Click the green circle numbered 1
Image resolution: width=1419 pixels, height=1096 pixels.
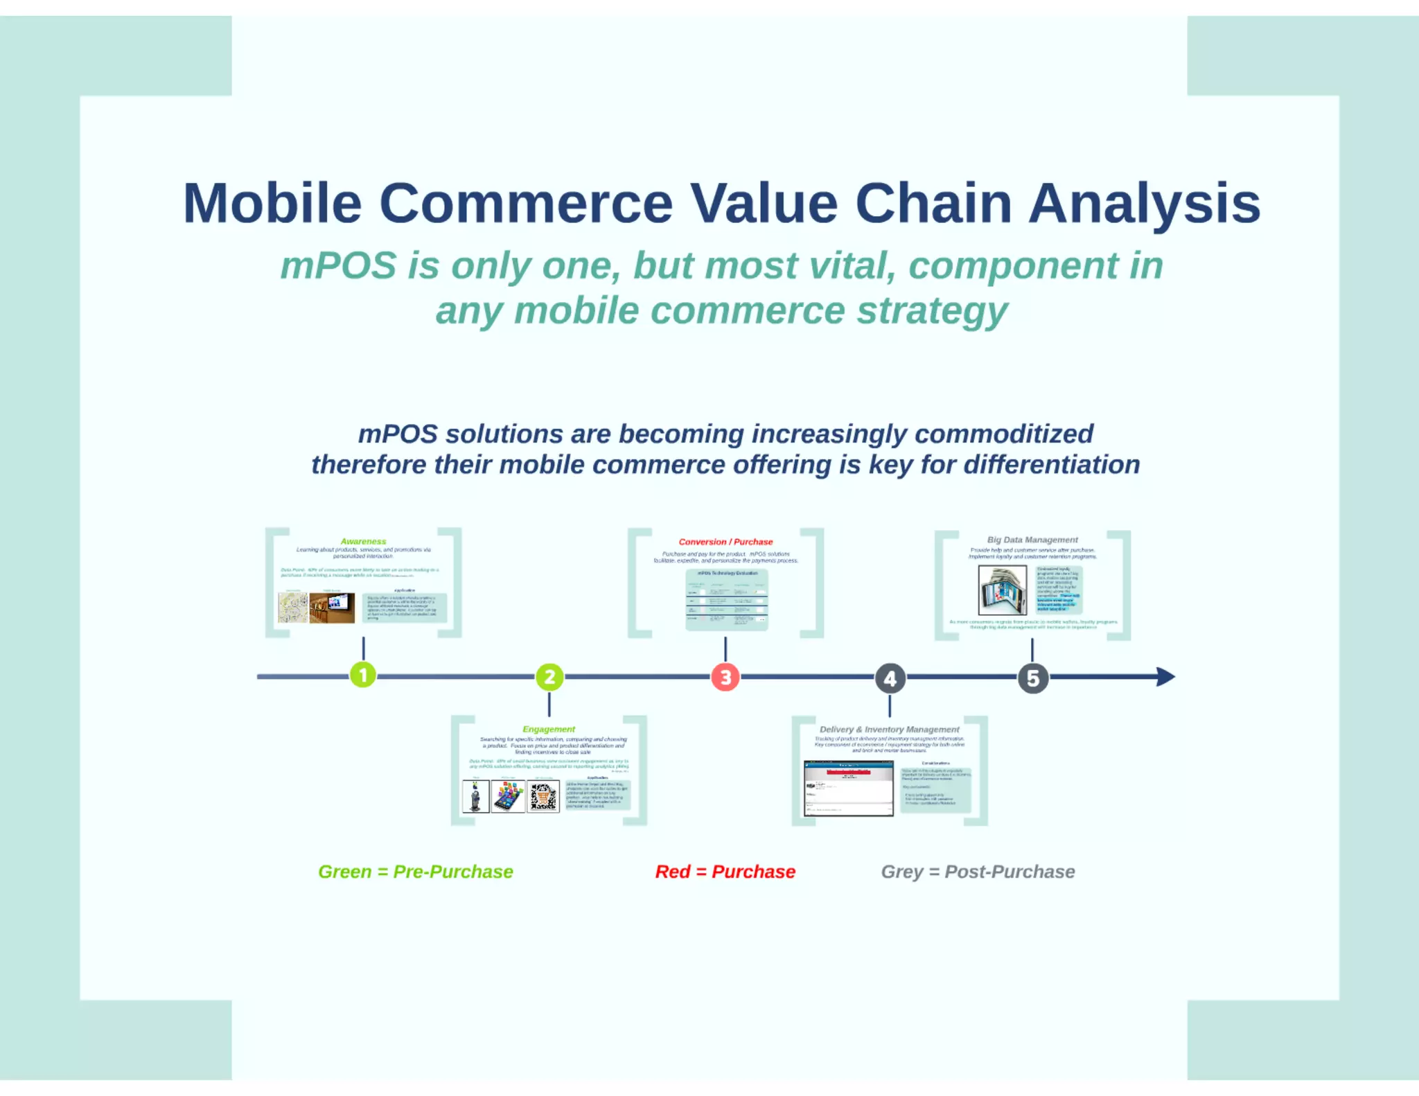(363, 675)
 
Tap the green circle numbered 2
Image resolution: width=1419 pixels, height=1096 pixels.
(549, 677)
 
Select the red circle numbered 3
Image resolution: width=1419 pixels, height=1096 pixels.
(725, 677)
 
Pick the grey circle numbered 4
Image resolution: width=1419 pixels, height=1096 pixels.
(890, 678)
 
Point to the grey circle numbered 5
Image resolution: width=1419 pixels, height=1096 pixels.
(1032, 678)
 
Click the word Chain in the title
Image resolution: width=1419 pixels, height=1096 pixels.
(933, 204)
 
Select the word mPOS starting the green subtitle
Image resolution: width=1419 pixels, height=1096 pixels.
(338, 266)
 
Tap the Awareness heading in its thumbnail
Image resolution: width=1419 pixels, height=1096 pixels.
(363, 541)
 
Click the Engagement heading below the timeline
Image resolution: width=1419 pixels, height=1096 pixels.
(549, 729)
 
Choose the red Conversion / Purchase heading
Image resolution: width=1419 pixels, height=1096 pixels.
(725, 542)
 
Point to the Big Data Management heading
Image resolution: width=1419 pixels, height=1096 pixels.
(1032, 540)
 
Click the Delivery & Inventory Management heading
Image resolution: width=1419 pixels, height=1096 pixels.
(889, 730)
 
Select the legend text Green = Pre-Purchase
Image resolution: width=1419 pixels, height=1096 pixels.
(415, 872)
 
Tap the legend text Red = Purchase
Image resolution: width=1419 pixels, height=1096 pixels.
(725, 872)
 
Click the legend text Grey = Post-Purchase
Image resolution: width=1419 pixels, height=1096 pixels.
(978, 872)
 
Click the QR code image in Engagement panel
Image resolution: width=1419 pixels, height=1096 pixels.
(543, 797)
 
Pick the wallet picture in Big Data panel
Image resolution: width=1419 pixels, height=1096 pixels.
(1002, 590)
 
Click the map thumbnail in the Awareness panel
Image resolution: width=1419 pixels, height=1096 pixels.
(292, 608)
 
